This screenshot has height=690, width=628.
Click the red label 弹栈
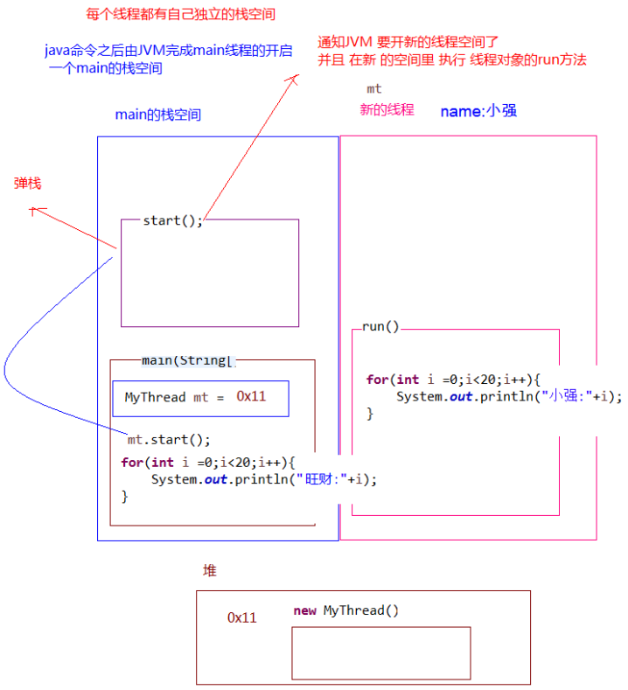pyautogui.click(x=27, y=184)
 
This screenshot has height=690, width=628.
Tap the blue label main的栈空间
pyautogui.click(x=158, y=115)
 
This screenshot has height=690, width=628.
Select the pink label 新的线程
pyautogui.click(x=387, y=110)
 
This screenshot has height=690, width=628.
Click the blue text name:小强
pyautogui.click(x=478, y=111)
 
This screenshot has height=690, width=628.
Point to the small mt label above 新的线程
pyautogui.click(x=373, y=88)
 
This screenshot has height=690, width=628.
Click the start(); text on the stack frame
pyautogui.click(x=172, y=220)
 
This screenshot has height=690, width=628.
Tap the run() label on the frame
pyautogui.click(x=380, y=327)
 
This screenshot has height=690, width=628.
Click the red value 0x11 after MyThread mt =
pyautogui.click(x=251, y=396)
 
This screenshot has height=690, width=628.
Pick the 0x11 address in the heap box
pyautogui.click(x=242, y=617)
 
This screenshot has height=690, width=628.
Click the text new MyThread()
pyautogui.click(x=346, y=610)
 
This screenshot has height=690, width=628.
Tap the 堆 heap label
pyautogui.click(x=210, y=571)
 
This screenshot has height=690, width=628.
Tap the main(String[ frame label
pyautogui.click(x=188, y=359)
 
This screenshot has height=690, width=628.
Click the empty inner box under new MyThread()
pyautogui.click(x=380, y=652)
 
